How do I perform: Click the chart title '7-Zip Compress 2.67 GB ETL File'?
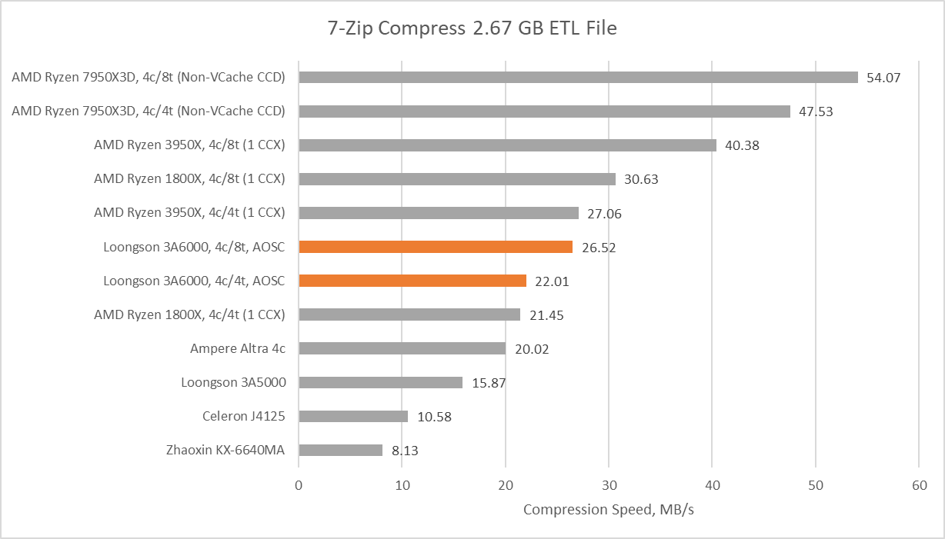tap(472, 29)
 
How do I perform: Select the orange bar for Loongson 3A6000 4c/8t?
tap(436, 247)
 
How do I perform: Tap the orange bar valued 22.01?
tap(412, 281)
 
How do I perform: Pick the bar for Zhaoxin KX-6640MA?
tap(340, 450)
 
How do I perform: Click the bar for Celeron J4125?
tap(353, 416)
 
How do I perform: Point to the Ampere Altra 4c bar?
tap(402, 348)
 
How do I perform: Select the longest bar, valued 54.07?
tap(578, 77)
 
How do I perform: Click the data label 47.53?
tap(816, 111)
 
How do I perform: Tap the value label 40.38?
tap(742, 145)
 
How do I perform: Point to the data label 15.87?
tap(488, 382)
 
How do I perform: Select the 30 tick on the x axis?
tap(609, 485)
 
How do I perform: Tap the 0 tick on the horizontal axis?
tap(299, 485)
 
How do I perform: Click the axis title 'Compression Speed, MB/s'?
tap(608, 510)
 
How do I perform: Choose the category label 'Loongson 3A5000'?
tap(233, 382)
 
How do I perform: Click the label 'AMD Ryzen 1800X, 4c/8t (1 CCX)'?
tap(189, 179)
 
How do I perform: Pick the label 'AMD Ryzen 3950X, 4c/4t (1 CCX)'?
tap(189, 213)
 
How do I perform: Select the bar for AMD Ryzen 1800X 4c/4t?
tap(409, 314)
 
